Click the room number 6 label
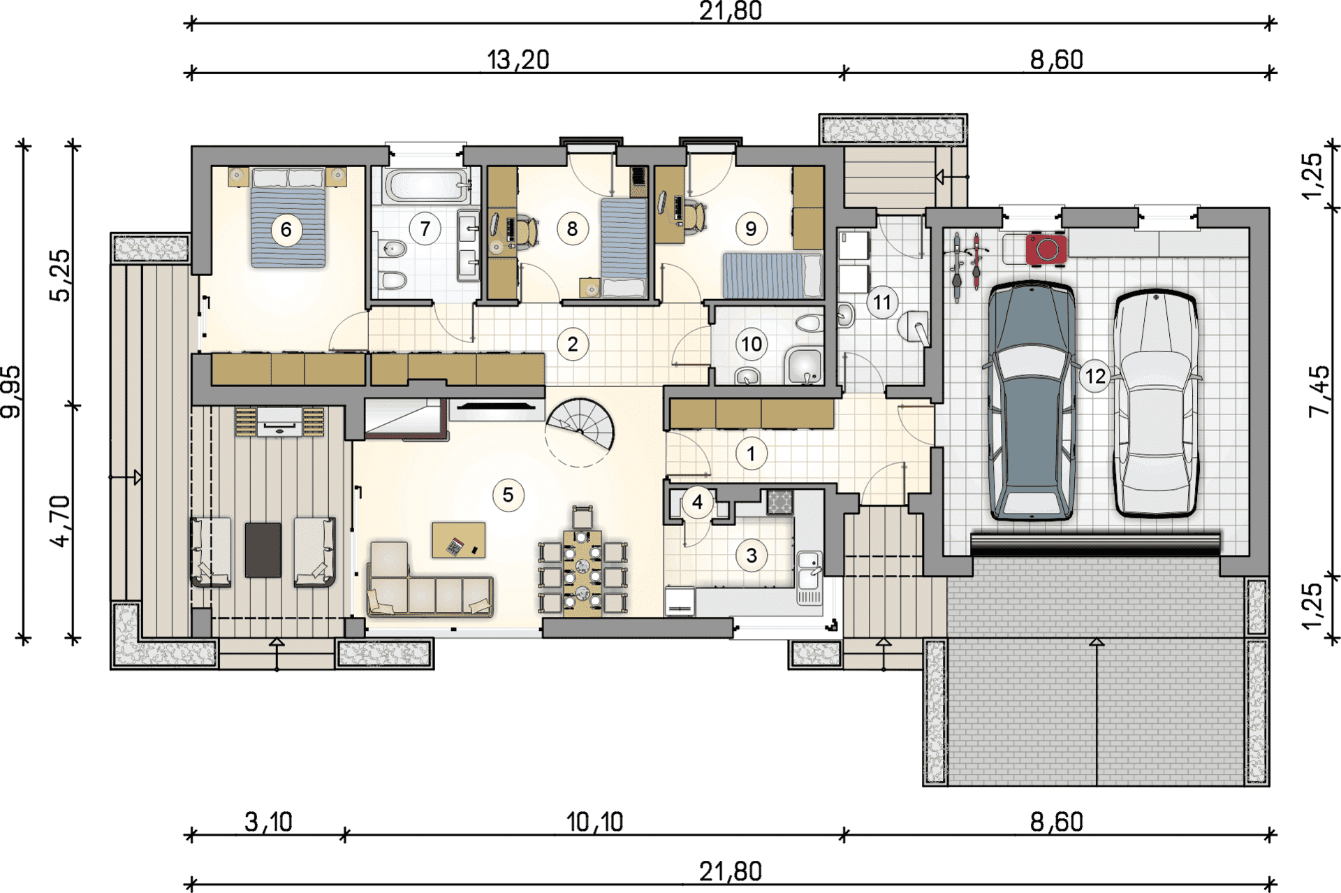click(x=286, y=229)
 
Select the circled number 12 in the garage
click(x=1095, y=376)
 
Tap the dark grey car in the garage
click(x=1032, y=400)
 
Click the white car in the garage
click(x=1156, y=404)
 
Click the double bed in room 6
click(x=288, y=217)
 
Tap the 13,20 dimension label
click(x=518, y=60)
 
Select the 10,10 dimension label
click(x=594, y=822)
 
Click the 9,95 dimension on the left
click(x=11, y=392)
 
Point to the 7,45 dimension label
click(x=1319, y=391)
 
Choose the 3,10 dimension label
click(x=268, y=822)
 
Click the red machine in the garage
click(x=1046, y=249)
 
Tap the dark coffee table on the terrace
click(x=263, y=550)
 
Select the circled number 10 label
click(x=752, y=344)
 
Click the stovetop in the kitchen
click(x=780, y=502)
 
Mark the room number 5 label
click(x=508, y=495)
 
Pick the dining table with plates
click(x=582, y=574)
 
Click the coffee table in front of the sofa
click(x=459, y=540)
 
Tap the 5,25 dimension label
click(x=61, y=275)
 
